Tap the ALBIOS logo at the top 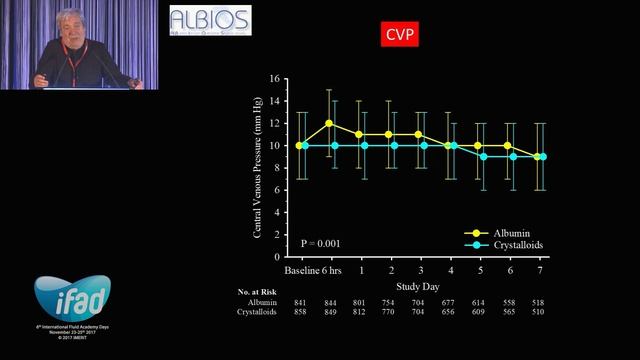[x=210, y=21]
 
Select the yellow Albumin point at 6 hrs [x=329, y=123]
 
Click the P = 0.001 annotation [x=321, y=243]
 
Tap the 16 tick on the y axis [x=278, y=78]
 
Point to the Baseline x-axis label [x=302, y=271]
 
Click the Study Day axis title [x=420, y=285]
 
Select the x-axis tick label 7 [x=541, y=271]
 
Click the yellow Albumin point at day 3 [x=418, y=134]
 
